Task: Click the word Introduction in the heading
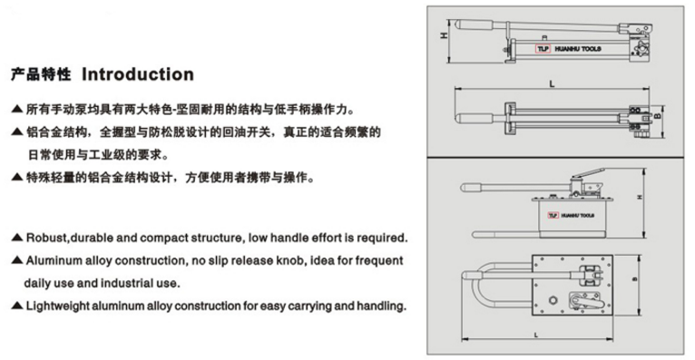tap(138, 74)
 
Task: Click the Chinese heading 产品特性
tap(41, 74)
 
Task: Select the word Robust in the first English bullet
tap(45, 238)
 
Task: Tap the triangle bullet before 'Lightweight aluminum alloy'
tap(17, 306)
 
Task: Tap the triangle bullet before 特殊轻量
tap(17, 178)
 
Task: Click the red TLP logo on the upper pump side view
tap(543, 49)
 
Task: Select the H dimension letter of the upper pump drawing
tap(444, 35)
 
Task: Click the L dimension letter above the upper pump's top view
tap(552, 83)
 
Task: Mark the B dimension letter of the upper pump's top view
tap(658, 116)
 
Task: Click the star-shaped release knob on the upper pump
tap(640, 49)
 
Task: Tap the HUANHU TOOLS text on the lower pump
tap(578, 216)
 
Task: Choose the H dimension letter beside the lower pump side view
tap(639, 197)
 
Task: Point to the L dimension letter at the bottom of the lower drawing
tap(536, 335)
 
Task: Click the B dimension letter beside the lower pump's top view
tap(634, 279)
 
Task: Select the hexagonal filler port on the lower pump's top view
tap(553, 300)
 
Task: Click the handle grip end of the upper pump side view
tap(475, 24)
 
